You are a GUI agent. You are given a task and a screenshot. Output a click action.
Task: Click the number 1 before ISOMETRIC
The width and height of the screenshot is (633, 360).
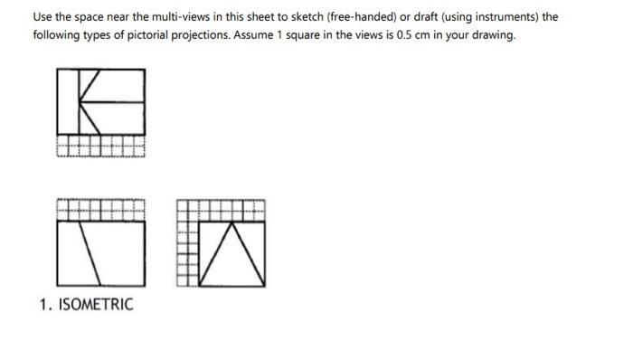[43, 304]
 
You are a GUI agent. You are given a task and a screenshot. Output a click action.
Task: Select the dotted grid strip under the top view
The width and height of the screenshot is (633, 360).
[99, 147]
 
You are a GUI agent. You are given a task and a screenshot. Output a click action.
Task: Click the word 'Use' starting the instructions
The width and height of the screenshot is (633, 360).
[43, 17]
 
